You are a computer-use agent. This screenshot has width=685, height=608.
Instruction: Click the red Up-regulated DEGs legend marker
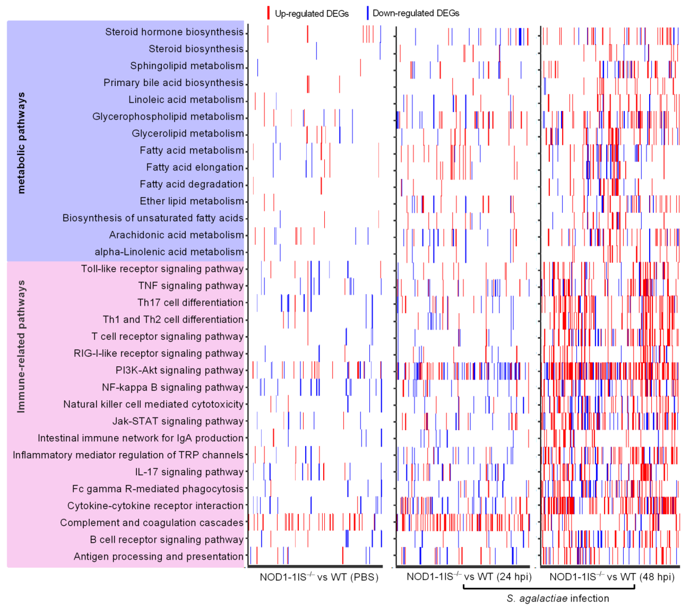(268, 13)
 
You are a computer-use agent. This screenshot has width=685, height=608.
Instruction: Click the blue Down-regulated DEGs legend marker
(368, 13)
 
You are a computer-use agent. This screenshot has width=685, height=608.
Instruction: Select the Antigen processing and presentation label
(158, 556)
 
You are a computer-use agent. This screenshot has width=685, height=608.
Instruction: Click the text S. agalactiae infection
(558, 598)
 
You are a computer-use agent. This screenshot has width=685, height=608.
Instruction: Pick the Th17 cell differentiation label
(190, 303)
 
